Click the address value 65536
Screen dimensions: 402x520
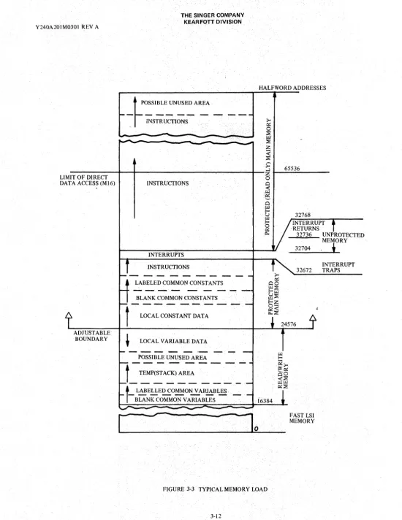[x=292, y=169]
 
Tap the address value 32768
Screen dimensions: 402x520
[x=303, y=215]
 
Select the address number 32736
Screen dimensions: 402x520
[x=304, y=234]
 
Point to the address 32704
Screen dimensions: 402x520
[x=303, y=248]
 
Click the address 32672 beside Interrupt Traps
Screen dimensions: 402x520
[x=304, y=270]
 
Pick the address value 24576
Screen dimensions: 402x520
[x=289, y=324]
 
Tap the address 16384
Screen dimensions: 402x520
[x=265, y=401]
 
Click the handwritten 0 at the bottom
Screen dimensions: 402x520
[x=256, y=429]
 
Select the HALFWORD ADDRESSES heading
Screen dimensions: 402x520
[x=292, y=88]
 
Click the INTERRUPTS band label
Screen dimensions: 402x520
[x=166, y=255]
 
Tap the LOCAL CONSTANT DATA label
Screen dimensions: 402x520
[x=174, y=316]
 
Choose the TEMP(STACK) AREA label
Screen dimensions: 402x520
[x=167, y=372]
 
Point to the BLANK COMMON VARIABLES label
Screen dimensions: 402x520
[x=175, y=399]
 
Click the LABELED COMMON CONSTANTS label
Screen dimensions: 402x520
[x=179, y=283]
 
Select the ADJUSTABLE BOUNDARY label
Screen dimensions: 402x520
[x=91, y=336]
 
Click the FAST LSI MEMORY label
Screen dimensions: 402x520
[x=302, y=418]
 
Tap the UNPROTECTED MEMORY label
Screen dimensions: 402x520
[x=343, y=237]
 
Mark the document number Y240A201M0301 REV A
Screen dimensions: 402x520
[x=67, y=27]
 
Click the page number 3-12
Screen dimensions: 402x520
[x=216, y=516]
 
